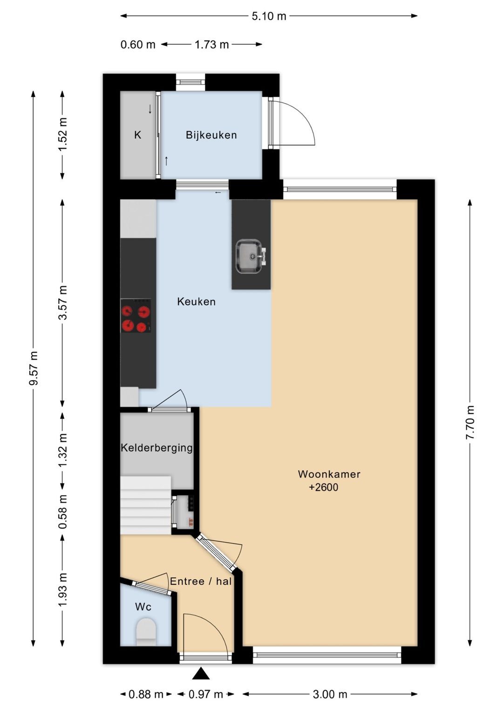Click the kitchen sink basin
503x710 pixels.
coord(249,256)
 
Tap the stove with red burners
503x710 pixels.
coord(136,319)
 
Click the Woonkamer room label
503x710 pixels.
coord(329,474)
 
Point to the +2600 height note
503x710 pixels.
coord(323,488)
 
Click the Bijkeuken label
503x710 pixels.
coord(211,135)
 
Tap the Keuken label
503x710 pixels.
coord(196,301)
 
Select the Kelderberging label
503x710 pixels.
coord(156,448)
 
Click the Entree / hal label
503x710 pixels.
coord(201,581)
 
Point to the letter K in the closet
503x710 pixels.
coord(137,135)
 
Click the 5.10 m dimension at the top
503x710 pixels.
coord(269,16)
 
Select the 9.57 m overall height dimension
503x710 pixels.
coord(34,368)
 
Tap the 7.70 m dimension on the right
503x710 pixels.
coord(470,422)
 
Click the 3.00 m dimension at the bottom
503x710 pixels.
coord(330,694)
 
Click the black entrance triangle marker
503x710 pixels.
coord(201,674)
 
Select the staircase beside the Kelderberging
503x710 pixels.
coord(146,505)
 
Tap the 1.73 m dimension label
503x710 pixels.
coord(211,45)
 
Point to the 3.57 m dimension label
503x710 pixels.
coord(63,303)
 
